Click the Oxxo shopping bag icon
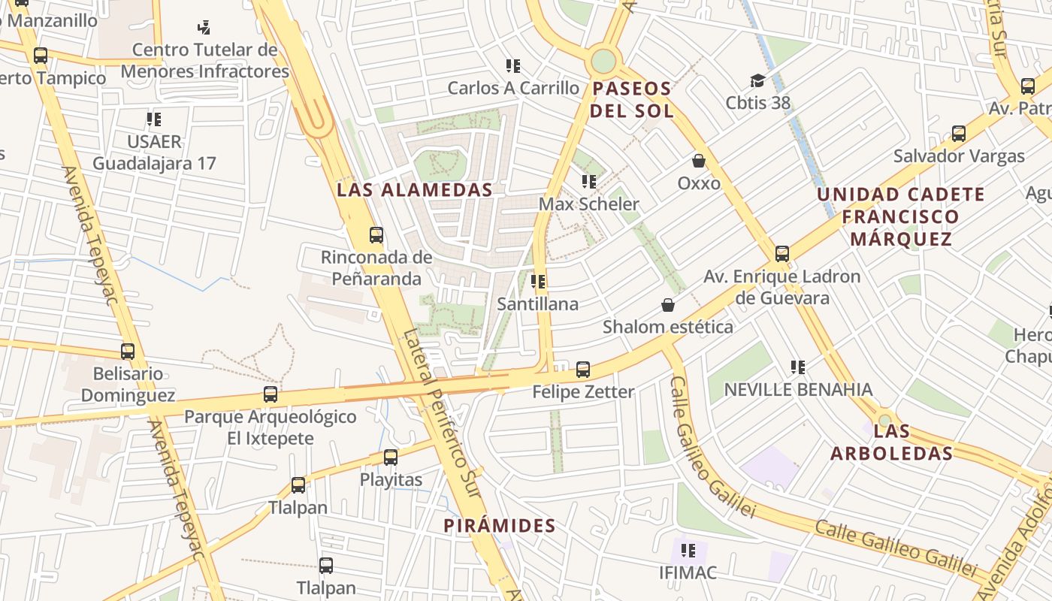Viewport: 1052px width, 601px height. pos(699,161)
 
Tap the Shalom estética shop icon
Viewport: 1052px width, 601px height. pos(667,304)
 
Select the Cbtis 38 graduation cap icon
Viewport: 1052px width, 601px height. pos(757,80)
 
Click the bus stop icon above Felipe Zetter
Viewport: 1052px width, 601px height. pos(583,370)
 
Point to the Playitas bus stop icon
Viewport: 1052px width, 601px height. pos(391,457)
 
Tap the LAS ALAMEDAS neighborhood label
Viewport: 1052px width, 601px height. pos(414,190)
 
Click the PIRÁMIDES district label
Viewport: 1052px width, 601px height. pos(500,526)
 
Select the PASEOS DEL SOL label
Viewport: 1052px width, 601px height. pos(631,100)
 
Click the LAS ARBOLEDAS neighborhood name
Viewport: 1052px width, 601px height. pos(892,442)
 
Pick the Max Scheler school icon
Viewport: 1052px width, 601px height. pos(589,182)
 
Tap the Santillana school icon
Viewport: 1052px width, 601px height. pos(538,282)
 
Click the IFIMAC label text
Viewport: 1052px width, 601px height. pos(688,572)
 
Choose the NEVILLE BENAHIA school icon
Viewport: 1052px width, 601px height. pos(798,367)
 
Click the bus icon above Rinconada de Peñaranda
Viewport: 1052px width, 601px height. pos(376,235)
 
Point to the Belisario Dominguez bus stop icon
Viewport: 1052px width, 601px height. pos(128,351)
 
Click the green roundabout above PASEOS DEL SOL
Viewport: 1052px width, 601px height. pos(603,61)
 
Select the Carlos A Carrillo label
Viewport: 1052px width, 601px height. pos(514,88)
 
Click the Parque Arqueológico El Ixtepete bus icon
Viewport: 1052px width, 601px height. pos(271,394)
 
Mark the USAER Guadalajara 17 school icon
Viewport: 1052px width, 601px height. pos(154,119)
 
